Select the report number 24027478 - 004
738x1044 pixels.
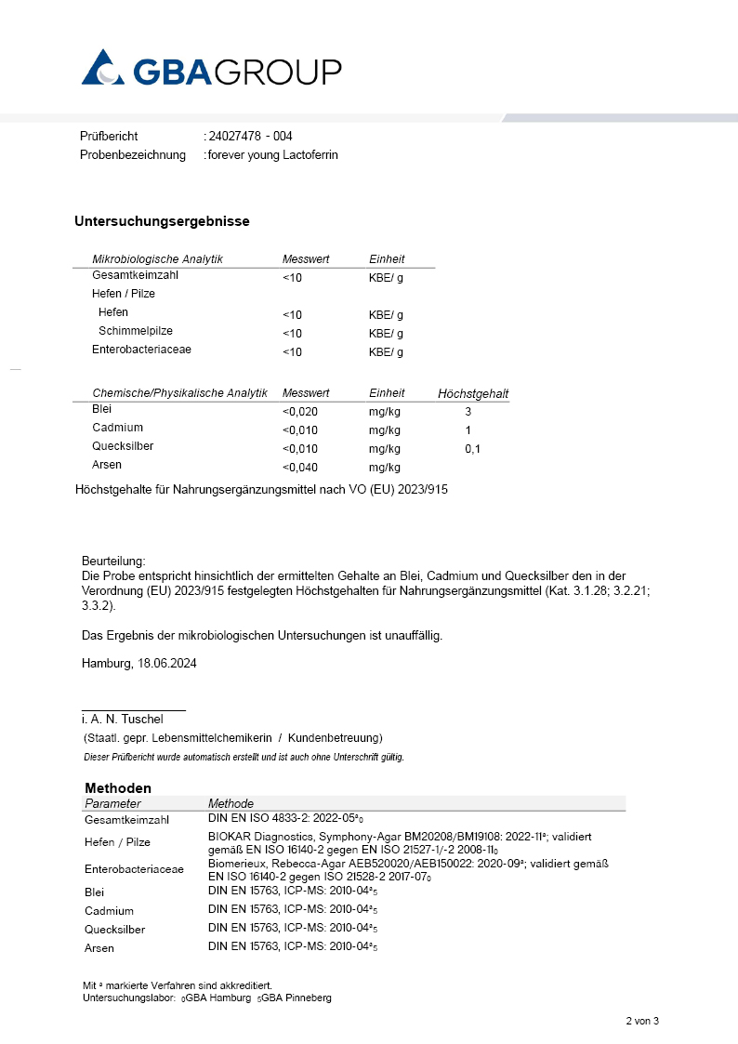coord(251,137)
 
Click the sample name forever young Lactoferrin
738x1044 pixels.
coord(273,155)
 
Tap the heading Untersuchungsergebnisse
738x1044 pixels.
coord(162,221)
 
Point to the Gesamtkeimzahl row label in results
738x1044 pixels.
coord(135,276)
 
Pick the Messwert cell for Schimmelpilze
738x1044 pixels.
coord(292,333)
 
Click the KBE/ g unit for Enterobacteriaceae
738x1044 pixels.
coord(386,352)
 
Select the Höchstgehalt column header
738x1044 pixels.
coord(473,394)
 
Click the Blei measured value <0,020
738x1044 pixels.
coord(300,411)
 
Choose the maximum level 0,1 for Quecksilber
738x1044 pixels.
coord(473,449)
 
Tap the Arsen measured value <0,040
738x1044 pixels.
coord(300,468)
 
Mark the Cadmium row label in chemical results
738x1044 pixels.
coord(117,429)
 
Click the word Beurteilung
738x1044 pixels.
coord(113,562)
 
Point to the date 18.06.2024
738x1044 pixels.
coord(166,664)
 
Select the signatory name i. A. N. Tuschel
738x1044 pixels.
coord(122,720)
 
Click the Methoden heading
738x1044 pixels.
coord(117,787)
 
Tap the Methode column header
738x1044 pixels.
coord(231,803)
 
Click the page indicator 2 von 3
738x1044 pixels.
coord(641,1022)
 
